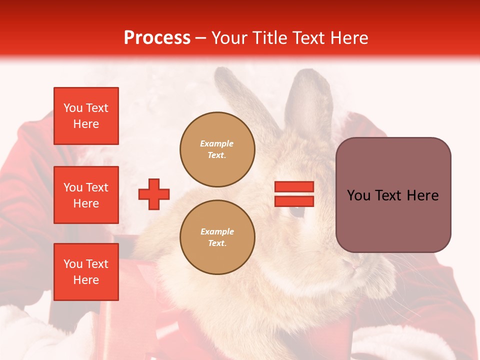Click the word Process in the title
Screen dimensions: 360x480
157,38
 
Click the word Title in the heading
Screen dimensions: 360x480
269,38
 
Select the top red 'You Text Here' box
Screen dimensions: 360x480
86,116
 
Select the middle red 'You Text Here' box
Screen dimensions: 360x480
86,195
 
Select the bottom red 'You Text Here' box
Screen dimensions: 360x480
86,272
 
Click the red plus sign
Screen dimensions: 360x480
154,194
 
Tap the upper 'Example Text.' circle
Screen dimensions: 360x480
217,149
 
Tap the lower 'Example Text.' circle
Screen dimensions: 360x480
217,237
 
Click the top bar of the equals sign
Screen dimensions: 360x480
294,187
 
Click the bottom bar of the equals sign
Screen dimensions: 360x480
294,201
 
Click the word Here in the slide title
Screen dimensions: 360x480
348,38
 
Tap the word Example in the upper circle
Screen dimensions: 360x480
217,143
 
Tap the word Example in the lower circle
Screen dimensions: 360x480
217,231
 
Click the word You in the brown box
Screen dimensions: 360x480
358,195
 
